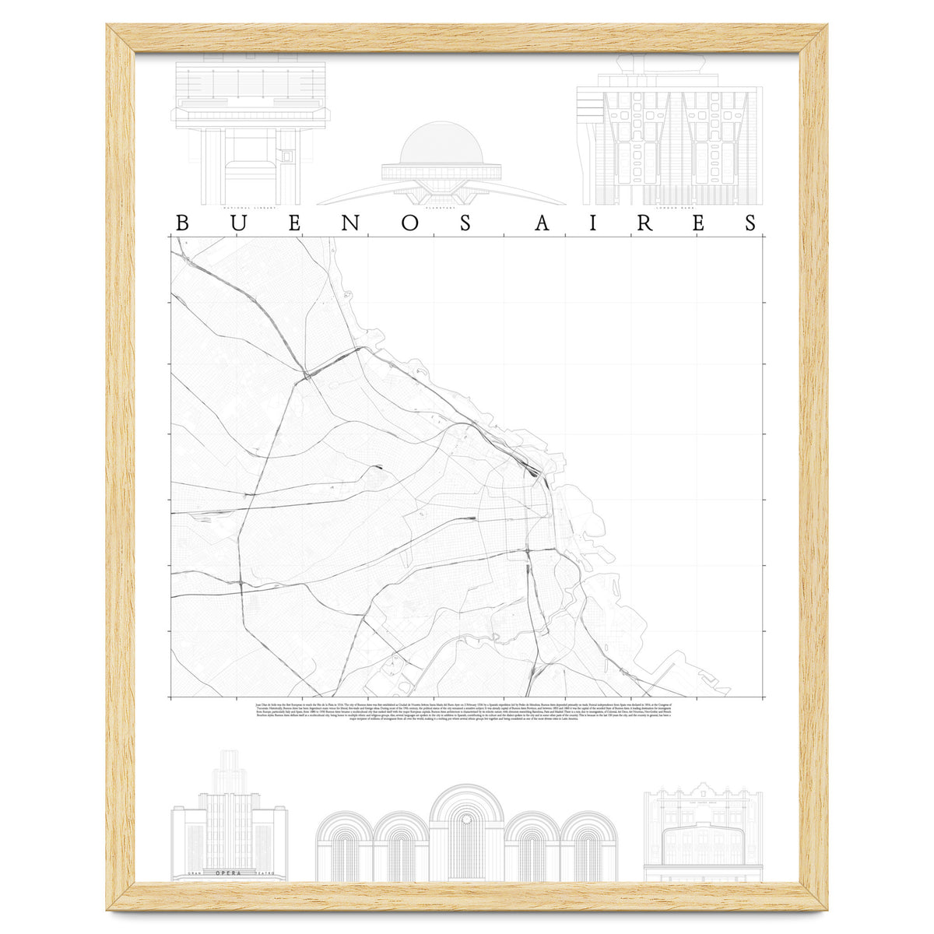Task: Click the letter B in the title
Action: (183, 223)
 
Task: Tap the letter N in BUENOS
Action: (352, 223)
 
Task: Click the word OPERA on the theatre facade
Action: (230, 873)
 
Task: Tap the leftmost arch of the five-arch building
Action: (343, 848)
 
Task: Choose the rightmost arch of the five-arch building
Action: (588, 848)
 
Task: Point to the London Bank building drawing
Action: (669, 136)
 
